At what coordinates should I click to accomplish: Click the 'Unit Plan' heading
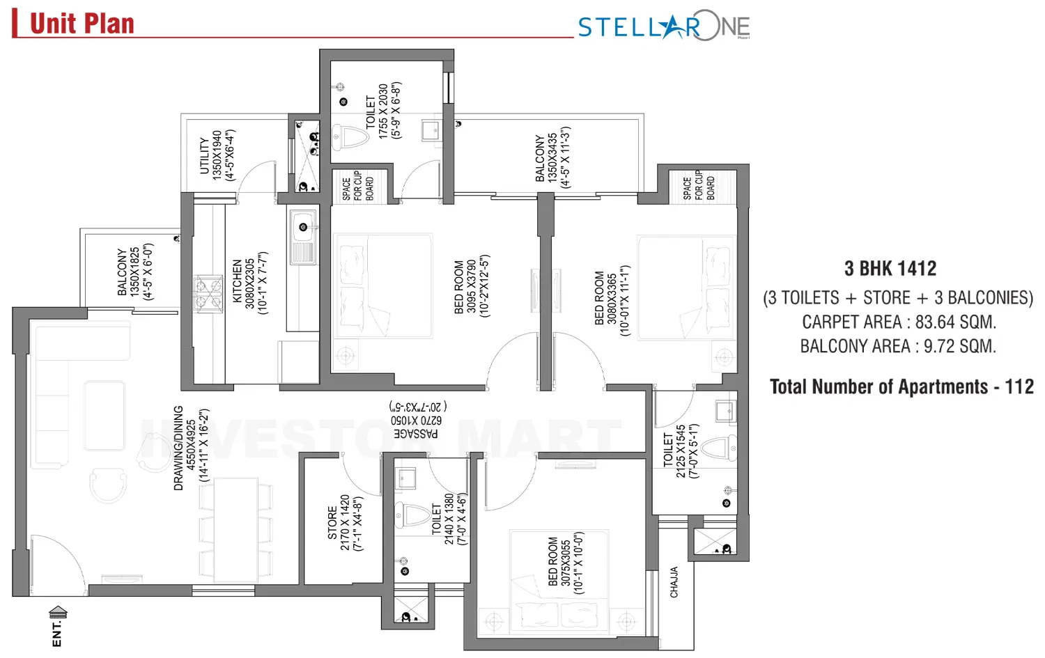click(x=82, y=24)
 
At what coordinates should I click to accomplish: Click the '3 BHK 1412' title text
click(x=890, y=269)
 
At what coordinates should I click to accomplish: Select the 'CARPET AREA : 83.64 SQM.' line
click(x=899, y=322)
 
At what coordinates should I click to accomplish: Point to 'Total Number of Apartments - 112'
click(x=901, y=387)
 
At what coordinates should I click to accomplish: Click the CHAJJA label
click(x=674, y=582)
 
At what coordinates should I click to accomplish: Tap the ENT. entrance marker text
click(x=57, y=633)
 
